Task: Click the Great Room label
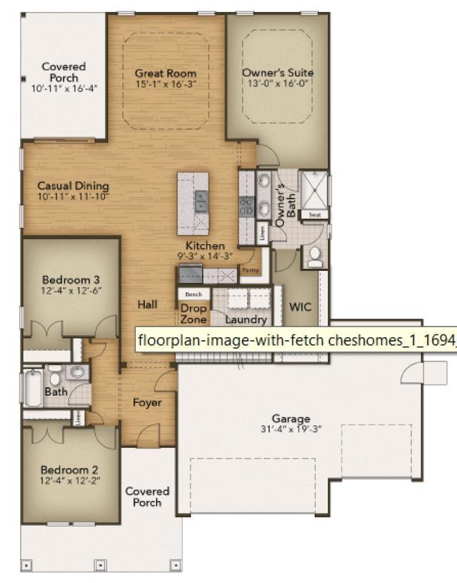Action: [x=166, y=74]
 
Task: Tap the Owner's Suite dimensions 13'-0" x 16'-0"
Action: [x=278, y=83]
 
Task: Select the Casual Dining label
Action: [x=73, y=186]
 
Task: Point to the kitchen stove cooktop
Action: [x=246, y=206]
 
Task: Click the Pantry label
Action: [x=250, y=271]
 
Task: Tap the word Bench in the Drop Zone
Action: [x=194, y=294]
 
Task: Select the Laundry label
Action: [x=246, y=320]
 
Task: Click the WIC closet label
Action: [x=300, y=307]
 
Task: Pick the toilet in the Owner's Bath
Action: [x=313, y=257]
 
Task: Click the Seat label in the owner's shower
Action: [x=314, y=214]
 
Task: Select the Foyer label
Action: [x=147, y=402]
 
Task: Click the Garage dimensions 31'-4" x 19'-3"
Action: [x=291, y=429]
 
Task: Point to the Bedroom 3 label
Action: [x=70, y=279]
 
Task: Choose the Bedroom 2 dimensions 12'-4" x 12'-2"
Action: [x=70, y=481]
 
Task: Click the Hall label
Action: [x=147, y=304]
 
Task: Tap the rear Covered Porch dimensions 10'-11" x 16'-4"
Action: [x=64, y=88]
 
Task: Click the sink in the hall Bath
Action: [x=77, y=372]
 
